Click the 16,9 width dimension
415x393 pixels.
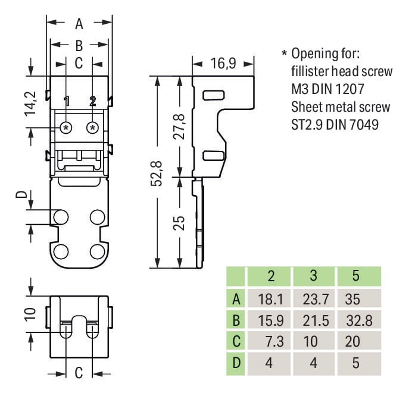(x=223, y=62)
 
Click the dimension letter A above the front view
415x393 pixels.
(x=79, y=24)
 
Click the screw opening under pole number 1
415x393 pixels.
(x=66, y=127)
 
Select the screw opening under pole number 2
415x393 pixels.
(x=92, y=127)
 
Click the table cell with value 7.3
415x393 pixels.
(x=270, y=341)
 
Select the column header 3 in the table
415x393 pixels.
(x=313, y=277)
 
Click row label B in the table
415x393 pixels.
(x=236, y=320)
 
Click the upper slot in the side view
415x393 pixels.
(x=211, y=95)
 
